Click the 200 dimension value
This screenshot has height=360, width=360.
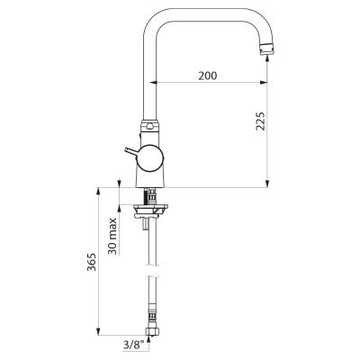pyautogui.click(x=207, y=76)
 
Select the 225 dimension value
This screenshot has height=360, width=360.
pyautogui.click(x=260, y=121)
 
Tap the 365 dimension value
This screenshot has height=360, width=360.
pyautogui.click(x=92, y=262)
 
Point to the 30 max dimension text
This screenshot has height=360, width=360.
pyautogui.click(x=112, y=236)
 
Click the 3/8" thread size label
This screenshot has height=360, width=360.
pyautogui.click(x=133, y=345)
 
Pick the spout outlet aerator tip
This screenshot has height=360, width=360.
pyautogui.click(x=267, y=49)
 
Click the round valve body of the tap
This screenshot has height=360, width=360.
pyautogui.click(x=151, y=158)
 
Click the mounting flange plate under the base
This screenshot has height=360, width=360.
pyautogui.click(x=151, y=210)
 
